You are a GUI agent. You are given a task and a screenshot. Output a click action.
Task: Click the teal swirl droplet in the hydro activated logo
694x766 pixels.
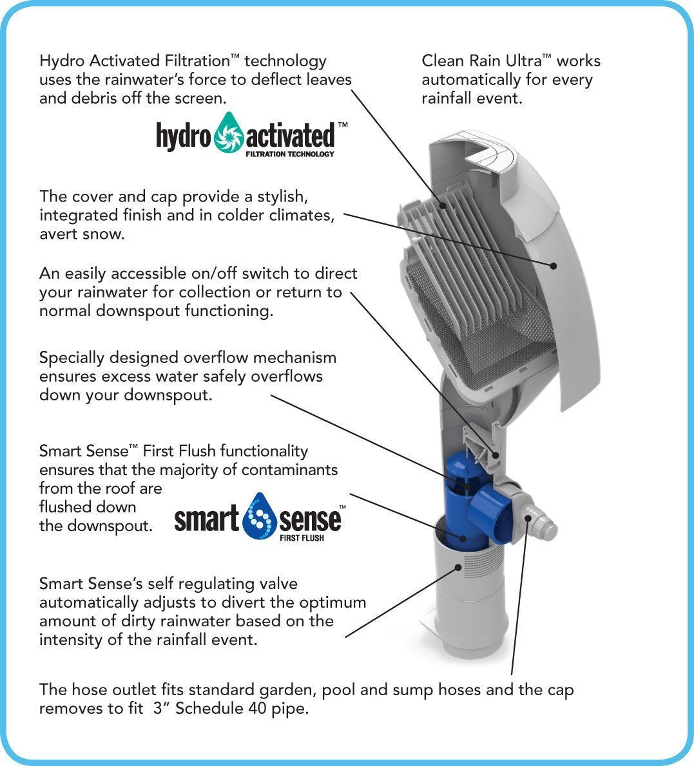229,136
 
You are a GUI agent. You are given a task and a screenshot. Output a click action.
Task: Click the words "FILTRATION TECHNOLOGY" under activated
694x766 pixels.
290,154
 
